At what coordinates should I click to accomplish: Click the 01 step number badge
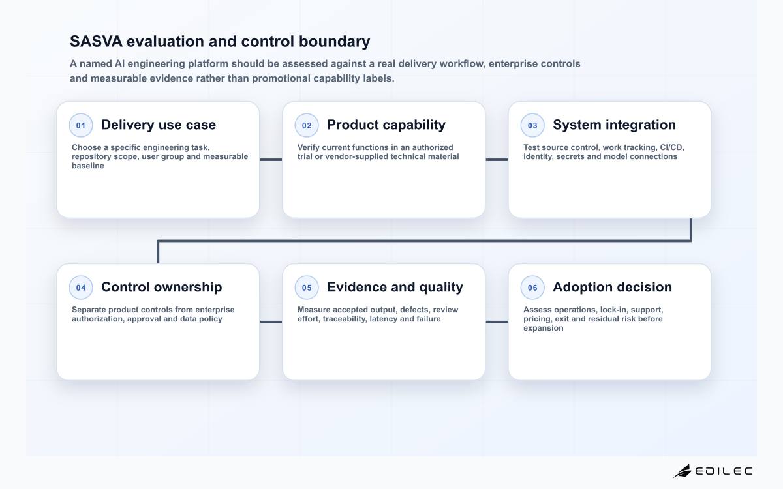[81, 125]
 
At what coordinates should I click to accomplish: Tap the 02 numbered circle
[307, 125]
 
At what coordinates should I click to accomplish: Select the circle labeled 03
[532, 125]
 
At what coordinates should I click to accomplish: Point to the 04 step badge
[81, 288]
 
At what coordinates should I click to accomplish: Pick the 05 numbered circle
[307, 288]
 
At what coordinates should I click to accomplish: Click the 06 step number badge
[532, 288]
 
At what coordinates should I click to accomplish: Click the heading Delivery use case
[159, 125]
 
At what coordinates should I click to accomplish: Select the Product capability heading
[386, 125]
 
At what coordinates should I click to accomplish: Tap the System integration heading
[614, 125]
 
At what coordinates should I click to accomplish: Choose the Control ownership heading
[162, 287]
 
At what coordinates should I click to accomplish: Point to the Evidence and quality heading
[395, 287]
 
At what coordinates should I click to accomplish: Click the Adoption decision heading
[613, 287]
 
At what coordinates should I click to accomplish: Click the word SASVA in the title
[96, 41]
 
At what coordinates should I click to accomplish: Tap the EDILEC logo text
[724, 471]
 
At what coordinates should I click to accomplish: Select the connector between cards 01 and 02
[271, 160]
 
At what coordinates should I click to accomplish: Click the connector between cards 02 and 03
[497, 160]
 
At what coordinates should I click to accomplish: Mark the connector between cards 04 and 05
[271, 322]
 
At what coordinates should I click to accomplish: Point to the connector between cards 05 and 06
[497, 322]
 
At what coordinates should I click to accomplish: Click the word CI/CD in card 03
[672, 147]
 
